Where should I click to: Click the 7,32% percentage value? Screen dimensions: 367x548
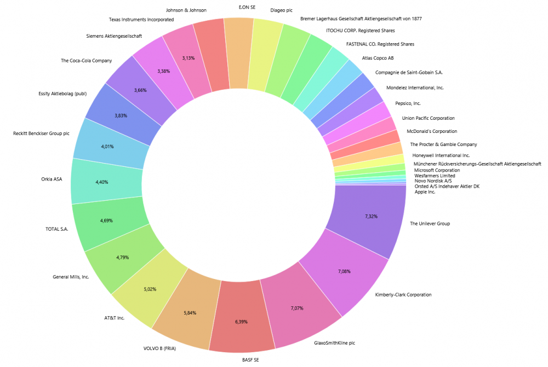371,217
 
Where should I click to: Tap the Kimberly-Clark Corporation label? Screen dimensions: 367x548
403,295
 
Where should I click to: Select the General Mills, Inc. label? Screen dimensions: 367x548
71,277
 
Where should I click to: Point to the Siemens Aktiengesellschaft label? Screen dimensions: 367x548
115,36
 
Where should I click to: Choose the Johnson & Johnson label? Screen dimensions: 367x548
186,10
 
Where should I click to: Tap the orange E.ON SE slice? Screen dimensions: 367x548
239,52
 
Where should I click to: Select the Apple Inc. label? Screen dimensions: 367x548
425,192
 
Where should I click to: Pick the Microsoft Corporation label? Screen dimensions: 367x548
437,170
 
